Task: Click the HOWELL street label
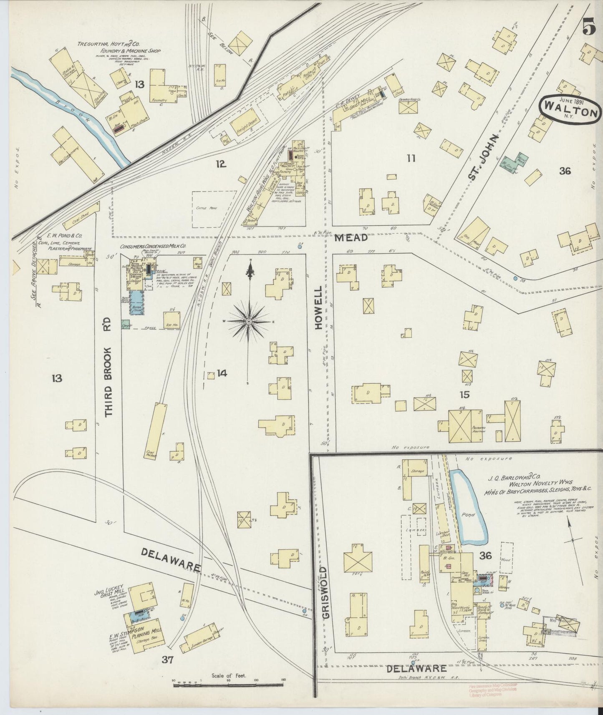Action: pos(319,308)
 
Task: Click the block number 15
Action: pos(464,394)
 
